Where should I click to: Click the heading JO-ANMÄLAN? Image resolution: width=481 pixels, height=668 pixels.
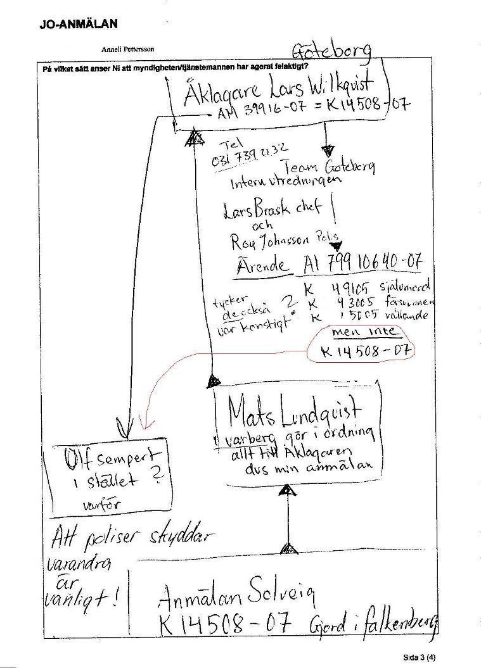pos(78,25)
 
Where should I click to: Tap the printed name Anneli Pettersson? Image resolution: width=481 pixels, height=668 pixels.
pos(127,49)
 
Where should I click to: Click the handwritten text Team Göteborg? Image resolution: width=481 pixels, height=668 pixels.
pos(330,167)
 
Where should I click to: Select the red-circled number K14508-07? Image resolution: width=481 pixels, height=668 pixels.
pos(361,350)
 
